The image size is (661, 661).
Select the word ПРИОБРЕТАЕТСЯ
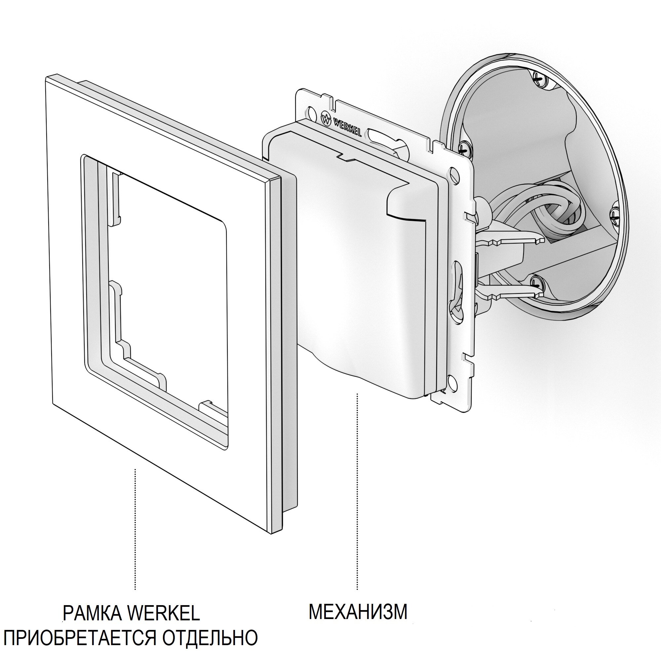[x=79, y=637]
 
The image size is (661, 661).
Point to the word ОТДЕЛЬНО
[x=210, y=637]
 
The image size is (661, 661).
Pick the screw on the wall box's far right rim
[x=614, y=215]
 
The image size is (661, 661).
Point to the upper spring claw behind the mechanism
[x=513, y=240]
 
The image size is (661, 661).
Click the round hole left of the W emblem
[x=312, y=113]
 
